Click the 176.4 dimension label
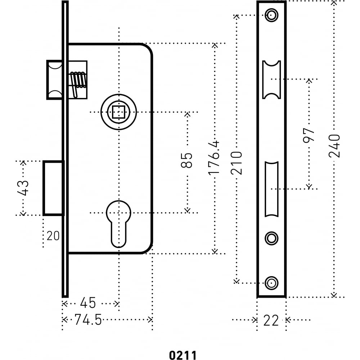coord(214,158)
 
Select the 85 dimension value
coord(186,160)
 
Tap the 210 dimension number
coord(237,163)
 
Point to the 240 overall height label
coord(334,146)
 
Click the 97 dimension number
coord(309,135)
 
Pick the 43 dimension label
coord(23,188)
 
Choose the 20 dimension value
coord(53,236)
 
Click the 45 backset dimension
coord(88,303)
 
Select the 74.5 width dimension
coord(88,320)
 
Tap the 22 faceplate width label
coord(271,320)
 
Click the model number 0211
coord(183,355)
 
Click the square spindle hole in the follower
coord(118,112)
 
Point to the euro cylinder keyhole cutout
coord(118,224)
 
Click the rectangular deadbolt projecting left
coord(53,188)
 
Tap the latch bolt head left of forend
coord(54,80)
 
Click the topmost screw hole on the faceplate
coord(271,15)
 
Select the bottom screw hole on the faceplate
coord(271,283)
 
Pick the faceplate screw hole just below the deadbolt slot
coord(271,238)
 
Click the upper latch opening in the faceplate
coord(271,80)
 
